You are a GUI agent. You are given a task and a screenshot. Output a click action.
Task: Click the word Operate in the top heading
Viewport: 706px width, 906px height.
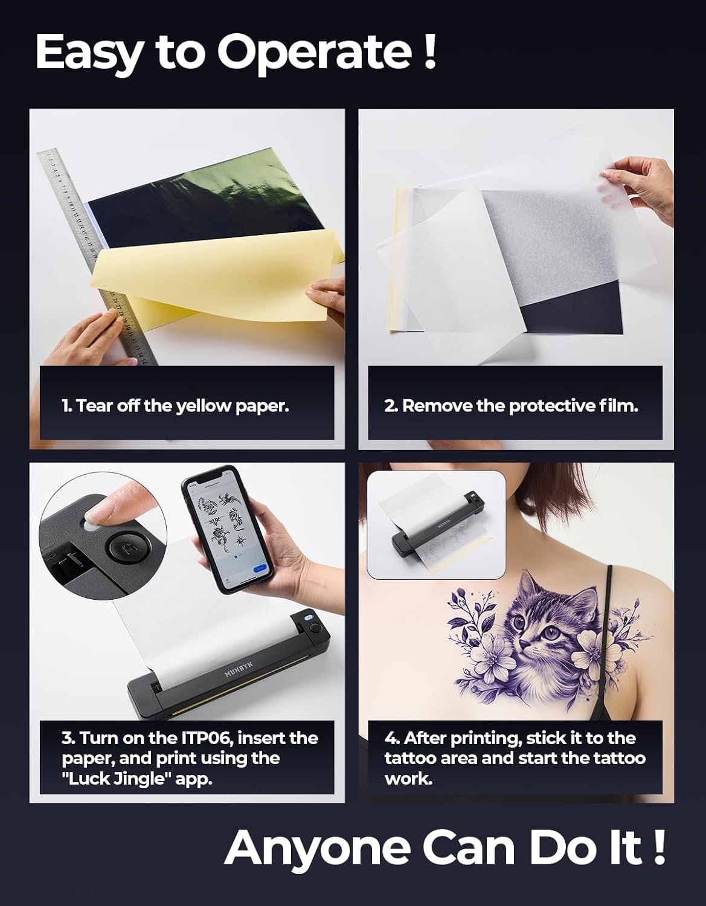[x=315, y=53]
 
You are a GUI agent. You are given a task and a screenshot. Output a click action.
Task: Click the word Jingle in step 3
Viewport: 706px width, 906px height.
[x=141, y=779]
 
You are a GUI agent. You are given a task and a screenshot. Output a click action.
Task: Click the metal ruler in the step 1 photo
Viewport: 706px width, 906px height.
[x=97, y=259]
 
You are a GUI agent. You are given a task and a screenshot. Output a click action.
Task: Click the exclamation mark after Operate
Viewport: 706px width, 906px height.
[x=429, y=51]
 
